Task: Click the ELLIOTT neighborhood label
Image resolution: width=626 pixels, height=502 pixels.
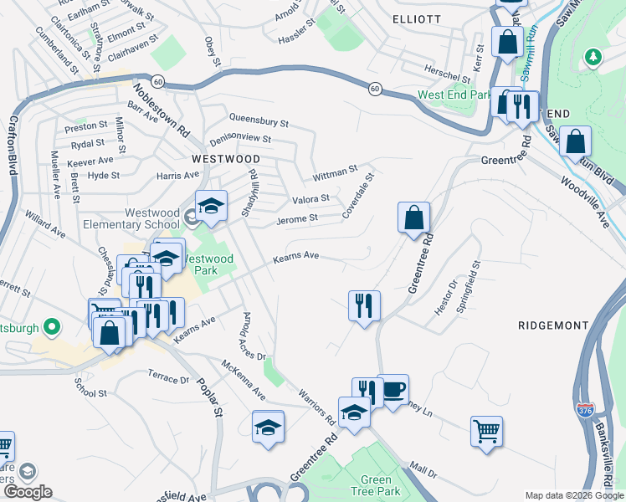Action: pyautogui.click(x=416, y=18)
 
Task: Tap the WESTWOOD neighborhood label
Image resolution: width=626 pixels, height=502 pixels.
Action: pyautogui.click(x=226, y=158)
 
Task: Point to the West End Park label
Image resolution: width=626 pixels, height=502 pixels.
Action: pyautogui.click(x=454, y=95)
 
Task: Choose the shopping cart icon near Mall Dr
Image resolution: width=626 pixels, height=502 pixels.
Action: pyautogui.click(x=486, y=433)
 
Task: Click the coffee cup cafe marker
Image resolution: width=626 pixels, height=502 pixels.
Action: pyautogui.click(x=393, y=390)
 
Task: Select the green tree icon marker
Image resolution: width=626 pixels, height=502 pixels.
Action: pyautogui.click(x=593, y=56)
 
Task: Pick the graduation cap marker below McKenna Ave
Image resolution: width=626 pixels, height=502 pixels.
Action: pyautogui.click(x=269, y=428)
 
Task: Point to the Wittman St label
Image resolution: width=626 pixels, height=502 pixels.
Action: pyautogui.click(x=335, y=173)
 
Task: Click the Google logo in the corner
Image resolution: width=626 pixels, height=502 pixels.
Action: pyautogui.click(x=28, y=492)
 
